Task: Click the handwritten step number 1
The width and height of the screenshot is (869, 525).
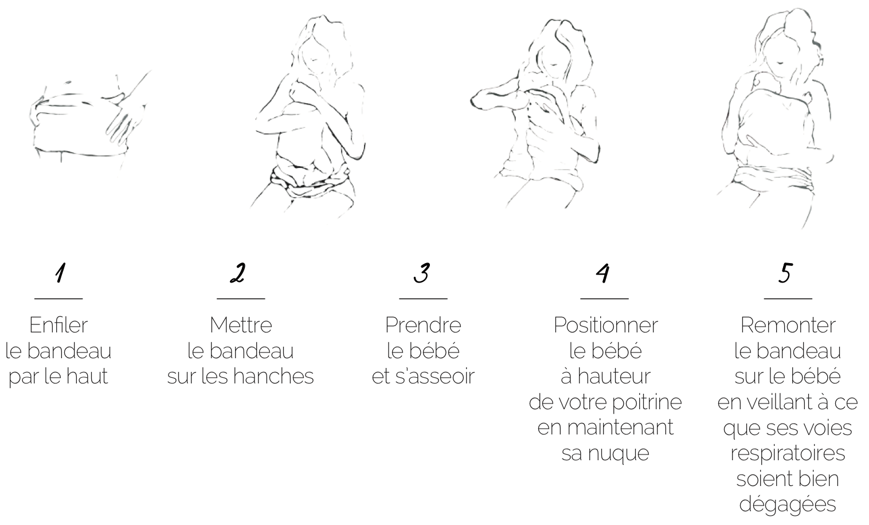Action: click(x=60, y=272)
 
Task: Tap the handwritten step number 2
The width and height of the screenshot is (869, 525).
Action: click(x=238, y=272)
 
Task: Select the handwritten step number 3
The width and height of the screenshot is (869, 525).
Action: click(x=422, y=272)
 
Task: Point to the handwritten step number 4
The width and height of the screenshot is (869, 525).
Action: click(x=603, y=273)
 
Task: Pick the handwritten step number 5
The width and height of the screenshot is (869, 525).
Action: click(x=785, y=272)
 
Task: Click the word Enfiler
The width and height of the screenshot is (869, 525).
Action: click(x=58, y=325)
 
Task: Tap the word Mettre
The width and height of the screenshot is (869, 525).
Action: click(x=241, y=325)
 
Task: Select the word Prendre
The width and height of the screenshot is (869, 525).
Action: click(x=423, y=325)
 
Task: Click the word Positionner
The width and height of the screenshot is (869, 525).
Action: click(x=605, y=325)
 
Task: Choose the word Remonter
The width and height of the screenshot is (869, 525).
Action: click(x=788, y=325)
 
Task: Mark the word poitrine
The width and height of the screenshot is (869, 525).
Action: click(x=647, y=402)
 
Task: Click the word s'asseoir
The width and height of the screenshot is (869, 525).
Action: click(x=435, y=377)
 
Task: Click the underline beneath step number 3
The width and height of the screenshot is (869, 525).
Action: click(x=423, y=299)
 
